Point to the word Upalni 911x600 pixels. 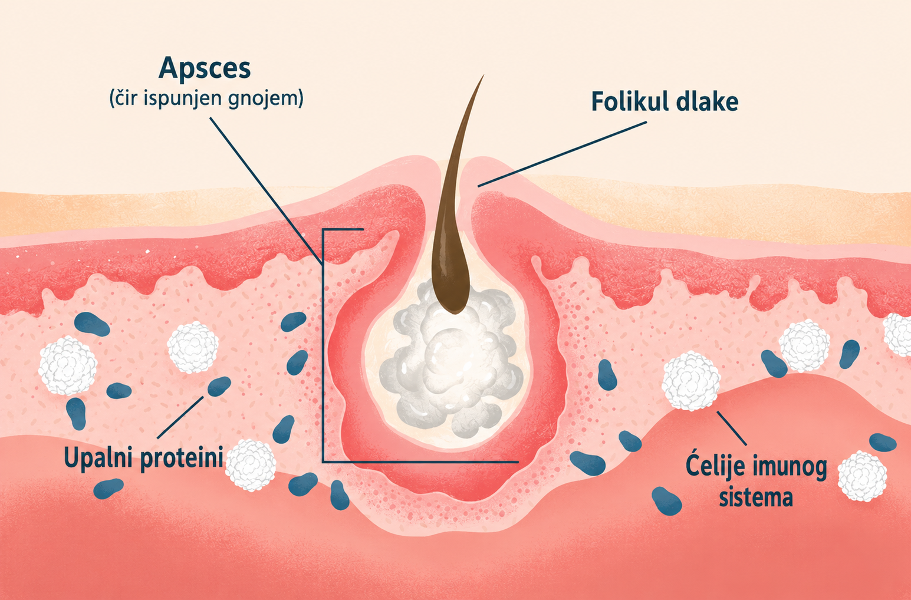point(99,458)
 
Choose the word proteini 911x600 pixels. point(182,458)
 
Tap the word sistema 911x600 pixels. point(756,497)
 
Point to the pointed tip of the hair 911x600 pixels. point(483,75)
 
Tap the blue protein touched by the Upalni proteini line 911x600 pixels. point(219,386)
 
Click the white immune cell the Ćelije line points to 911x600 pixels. point(691,381)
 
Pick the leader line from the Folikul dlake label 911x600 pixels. point(562,154)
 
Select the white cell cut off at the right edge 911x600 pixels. point(898,334)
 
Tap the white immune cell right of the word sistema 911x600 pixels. point(862,476)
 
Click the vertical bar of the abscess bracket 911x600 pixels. point(323,345)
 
